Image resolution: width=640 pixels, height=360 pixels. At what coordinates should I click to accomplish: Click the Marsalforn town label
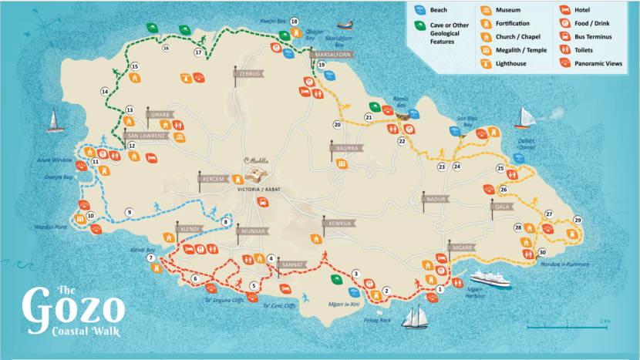[x=332, y=56]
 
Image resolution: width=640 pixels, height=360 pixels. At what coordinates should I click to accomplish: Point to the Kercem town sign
[x=212, y=179]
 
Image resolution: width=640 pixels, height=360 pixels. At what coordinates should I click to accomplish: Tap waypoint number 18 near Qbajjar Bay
[x=295, y=22]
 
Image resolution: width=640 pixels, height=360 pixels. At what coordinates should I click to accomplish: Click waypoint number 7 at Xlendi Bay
[x=151, y=258]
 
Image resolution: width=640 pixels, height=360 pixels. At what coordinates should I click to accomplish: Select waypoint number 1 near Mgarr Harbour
[x=440, y=289]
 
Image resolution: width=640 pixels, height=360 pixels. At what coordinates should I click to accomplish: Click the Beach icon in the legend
[x=419, y=11]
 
